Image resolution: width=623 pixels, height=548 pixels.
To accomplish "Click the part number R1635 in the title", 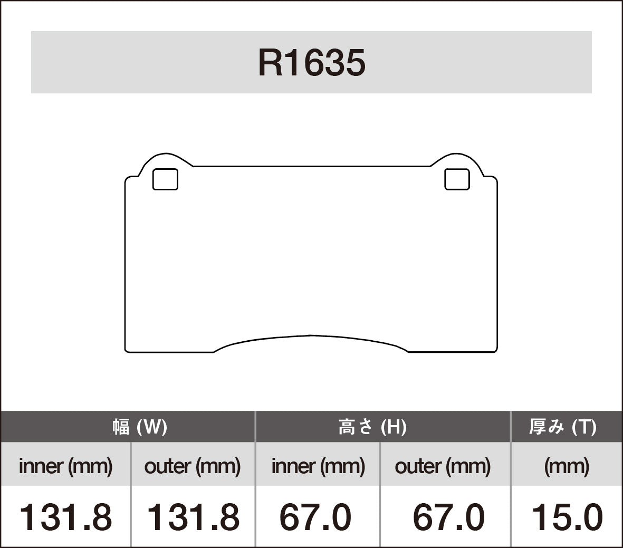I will (311, 63).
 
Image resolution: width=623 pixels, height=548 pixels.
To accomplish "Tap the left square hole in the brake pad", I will (165, 179).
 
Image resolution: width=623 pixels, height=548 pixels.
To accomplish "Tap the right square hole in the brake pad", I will (457, 179).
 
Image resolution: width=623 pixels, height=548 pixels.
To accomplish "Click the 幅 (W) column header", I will (139, 426).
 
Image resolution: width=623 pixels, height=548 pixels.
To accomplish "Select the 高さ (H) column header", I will (372, 426).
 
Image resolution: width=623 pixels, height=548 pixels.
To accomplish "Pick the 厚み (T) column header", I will (562, 426).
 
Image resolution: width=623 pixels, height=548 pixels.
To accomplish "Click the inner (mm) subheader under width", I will (65, 466).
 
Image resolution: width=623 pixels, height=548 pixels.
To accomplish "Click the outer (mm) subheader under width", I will (192, 466).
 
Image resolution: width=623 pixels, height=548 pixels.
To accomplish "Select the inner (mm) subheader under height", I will (318, 466).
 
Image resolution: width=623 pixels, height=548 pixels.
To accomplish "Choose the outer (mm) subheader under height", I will (442, 466).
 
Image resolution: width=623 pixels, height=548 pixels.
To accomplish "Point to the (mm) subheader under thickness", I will (566, 466).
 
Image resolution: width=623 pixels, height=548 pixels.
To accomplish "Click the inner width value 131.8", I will (65, 517).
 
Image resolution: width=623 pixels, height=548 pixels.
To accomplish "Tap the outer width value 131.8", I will (192, 517).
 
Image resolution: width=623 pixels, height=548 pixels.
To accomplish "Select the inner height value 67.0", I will (315, 517).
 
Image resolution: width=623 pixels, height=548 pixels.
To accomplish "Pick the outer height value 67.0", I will (448, 517).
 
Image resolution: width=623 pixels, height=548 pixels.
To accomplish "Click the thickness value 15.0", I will (566, 517).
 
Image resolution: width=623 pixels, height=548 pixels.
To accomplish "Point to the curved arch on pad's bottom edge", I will (311, 336).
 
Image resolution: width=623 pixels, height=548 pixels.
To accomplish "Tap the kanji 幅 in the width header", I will (121, 426).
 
